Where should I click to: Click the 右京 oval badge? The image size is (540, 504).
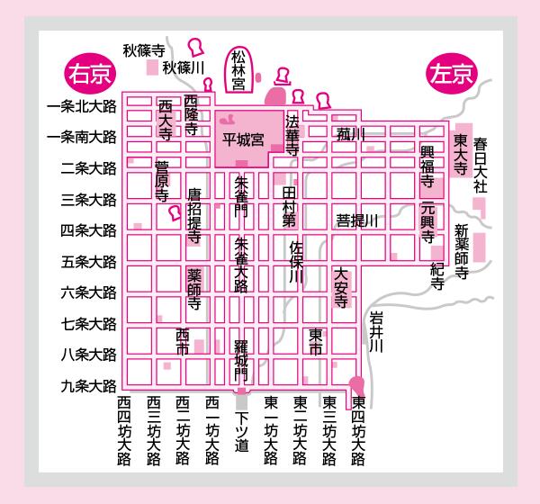(90, 74)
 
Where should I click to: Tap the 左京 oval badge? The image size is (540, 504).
(452, 74)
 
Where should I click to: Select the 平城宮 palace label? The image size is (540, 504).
(243, 139)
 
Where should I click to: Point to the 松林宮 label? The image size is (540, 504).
(238, 70)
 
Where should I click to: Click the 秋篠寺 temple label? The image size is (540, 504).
(144, 51)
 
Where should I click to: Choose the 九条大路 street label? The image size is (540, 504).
(88, 386)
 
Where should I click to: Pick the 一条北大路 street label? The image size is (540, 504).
(82, 107)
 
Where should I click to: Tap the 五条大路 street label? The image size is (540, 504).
(88, 262)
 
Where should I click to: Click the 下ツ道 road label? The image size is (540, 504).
(242, 432)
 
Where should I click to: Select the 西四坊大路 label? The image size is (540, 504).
(124, 430)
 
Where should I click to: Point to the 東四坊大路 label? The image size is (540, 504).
(358, 430)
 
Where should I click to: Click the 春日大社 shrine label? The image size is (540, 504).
(480, 166)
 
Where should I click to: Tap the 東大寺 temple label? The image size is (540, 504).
(460, 154)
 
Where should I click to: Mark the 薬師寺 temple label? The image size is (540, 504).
(194, 289)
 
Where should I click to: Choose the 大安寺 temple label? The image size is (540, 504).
(341, 288)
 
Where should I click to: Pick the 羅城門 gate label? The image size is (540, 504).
(241, 360)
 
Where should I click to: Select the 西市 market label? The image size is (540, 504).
(183, 342)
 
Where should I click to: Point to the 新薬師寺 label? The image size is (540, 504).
(462, 251)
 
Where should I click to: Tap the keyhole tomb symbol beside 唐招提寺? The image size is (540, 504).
(175, 213)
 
